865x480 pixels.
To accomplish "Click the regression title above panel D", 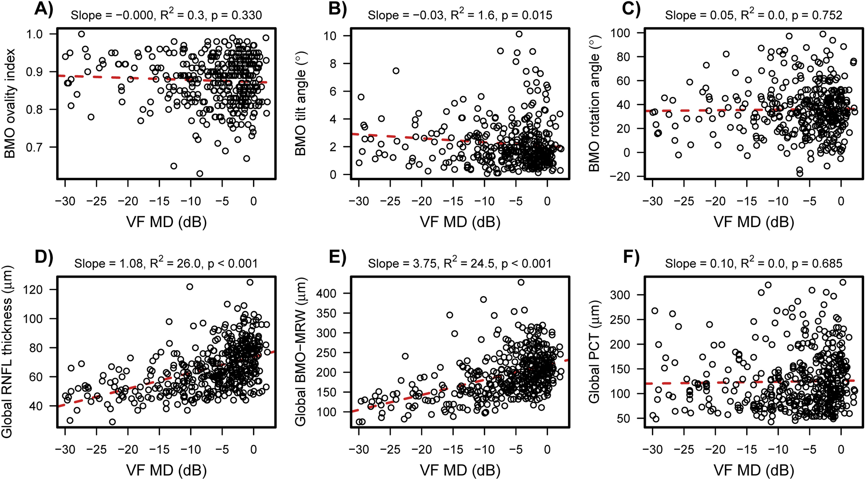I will click(166, 263).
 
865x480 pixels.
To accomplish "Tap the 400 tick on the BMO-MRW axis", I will click(327, 293).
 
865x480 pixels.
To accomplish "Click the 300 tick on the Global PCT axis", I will click(621, 294).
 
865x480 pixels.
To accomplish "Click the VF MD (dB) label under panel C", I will click(753, 222).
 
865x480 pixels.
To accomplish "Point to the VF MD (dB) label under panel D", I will click(166, 470).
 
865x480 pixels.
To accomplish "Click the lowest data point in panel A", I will click(200, 173).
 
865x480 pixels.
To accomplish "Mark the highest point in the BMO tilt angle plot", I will click(519, 34).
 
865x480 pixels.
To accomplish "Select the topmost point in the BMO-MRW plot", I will click(521, 282).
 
